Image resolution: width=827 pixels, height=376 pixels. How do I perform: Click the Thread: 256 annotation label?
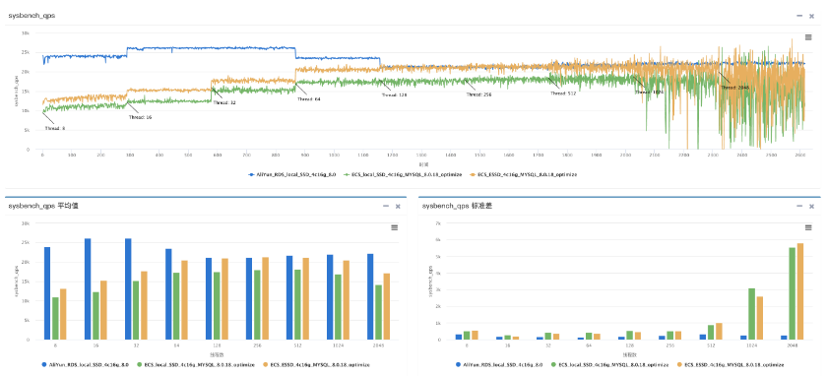pyautogui.click(x=479, y=94)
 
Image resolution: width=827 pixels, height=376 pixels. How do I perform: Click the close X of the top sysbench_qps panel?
pyautogui.click(x=812, y=16)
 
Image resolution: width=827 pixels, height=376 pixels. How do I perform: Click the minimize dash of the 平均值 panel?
pyautogui.click(x=385, y=207)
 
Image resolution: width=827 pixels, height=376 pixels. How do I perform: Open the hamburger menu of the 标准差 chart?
pyautogui.click(x=808, y=226)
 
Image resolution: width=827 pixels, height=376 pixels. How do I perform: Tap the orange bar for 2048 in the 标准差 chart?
pyautogui.click(x=800, y=291)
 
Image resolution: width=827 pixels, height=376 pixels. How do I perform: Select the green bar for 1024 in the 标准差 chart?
pyautogui.click(x=751, y=314)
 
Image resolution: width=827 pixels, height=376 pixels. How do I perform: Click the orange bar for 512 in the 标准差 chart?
pyautogui.click(x=718, y=331)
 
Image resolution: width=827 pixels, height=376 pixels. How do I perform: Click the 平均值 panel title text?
pyautogui.click(x=43, y=207)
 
